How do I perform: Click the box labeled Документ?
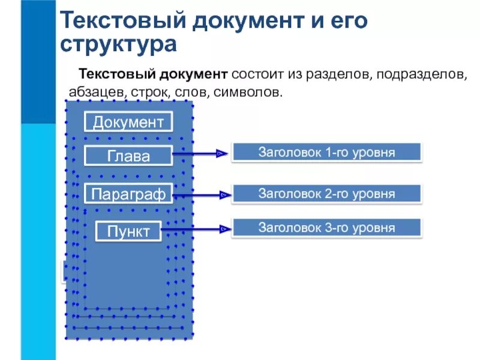pyautogui.click(x=128, y=122)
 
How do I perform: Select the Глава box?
pyautogui.click(x=128, y=156)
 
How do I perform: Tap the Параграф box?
pyautogui.click(x=128, y=193)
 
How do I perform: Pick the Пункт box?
pyautogui.click(x=128, y=231)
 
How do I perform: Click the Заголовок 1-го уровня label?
pyautogui.click(x=326, y=152)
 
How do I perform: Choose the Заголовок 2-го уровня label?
pyautogui.click(x=326, y=194)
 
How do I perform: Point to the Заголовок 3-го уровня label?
pyautogui.click(x=326, y=228)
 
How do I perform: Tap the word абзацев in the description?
pyautogui.click(x=88, y=94)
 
